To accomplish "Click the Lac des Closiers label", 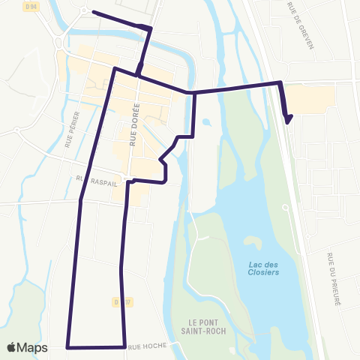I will [263, 268].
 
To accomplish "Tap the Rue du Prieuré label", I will [334, 277].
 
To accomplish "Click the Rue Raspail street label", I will [93, 180].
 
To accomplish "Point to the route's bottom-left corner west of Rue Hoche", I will [68, 347].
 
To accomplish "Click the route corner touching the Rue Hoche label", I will [124, 346].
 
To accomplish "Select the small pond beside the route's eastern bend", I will [206, 121].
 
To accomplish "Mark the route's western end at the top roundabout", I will [92, 12].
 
